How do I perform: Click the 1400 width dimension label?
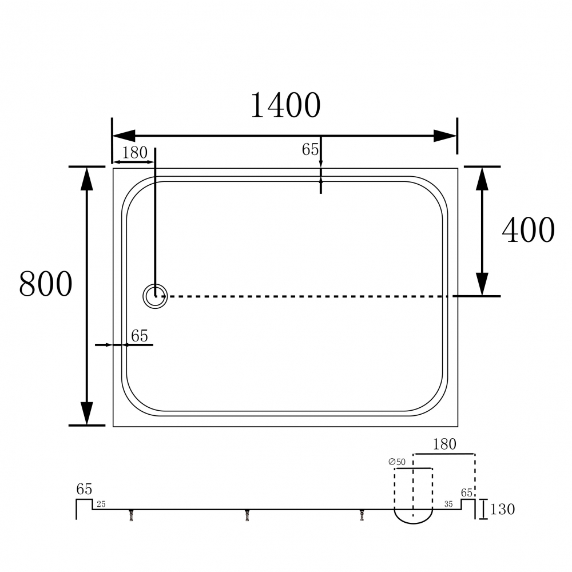pos(285,105)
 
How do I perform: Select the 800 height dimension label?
pos(46,284)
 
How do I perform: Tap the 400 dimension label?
pos(528,230)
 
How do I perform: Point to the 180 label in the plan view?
pos(134,153)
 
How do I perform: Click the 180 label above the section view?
pos(444,444)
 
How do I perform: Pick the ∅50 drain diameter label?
pos(397,462)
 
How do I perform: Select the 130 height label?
pos(502,509)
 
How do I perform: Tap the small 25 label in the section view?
pos(101,504)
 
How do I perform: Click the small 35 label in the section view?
pos(448,504)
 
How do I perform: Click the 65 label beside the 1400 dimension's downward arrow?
pos(310,149)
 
